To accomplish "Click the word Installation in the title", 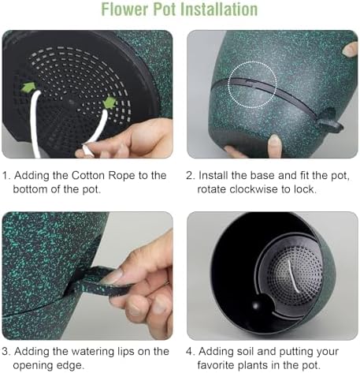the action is (219, 9).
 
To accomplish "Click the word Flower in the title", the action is (124, 9).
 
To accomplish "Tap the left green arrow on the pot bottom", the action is (28, 88).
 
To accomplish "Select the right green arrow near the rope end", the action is (110, 103).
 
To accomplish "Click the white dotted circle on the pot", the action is (252, 84).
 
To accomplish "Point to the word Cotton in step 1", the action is (87, 175).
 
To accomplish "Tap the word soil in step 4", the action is (267, 352).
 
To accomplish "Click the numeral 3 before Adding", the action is (6, 352).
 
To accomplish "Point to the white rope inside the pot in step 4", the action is (293, 277).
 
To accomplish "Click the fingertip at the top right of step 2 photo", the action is (351, 49).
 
